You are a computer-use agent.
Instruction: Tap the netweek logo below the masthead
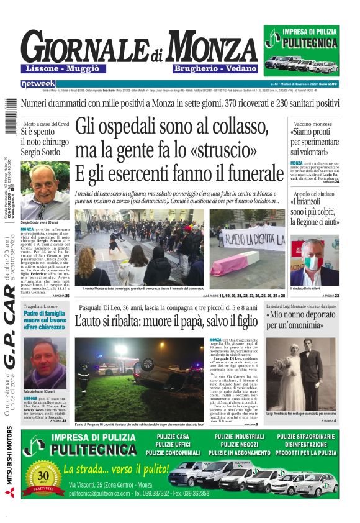click(38, 83)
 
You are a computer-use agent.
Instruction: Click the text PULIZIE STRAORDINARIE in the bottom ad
click(306, 437)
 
